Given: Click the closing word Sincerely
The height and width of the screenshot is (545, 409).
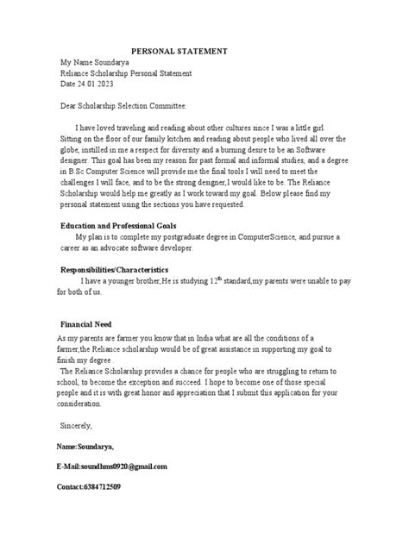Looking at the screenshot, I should pos(75,425).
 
